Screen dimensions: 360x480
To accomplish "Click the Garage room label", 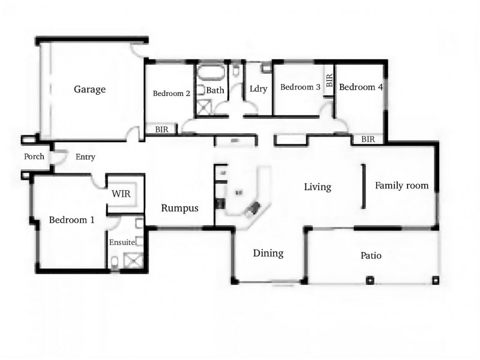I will pyautogui.click(x=89, y=89).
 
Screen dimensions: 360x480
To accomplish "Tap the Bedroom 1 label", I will pyautogui.click(x=72, y=220).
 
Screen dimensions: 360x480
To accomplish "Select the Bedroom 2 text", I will pyautogui.click(x=172, y=94).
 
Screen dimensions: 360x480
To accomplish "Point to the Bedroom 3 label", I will pyautogui.click(x=300, y=87).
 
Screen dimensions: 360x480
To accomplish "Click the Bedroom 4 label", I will pyautogui.click(x=361, y=87).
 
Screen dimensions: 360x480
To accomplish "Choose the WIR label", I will pyautogui.click(x=122, y=194).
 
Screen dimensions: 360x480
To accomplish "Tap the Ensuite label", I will pyautogui.click(x=122, y=242).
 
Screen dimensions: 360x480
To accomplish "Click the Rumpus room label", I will pyautogui.click(x=179, y=208).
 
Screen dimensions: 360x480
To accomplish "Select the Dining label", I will pyautogui.click(x=268, y=253).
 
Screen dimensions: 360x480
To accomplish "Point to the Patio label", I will pyautogui.click(x=371, y=256).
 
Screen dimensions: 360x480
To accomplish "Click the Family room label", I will pyautogui.click(x=401, y=185).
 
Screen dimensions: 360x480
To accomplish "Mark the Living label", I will pyautogui.click(x=317, y=187).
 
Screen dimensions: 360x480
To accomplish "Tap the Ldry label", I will pyautogui.click(x=258, y=89).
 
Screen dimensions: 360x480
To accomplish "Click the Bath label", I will pyautogui.click(x=215, y=91).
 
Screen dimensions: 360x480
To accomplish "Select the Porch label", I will pyautogui.click(x=34, y=157).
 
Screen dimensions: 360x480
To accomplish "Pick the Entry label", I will pyautogui.click(x=85, y=157).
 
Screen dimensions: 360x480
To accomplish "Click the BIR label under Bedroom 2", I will pyautogui.click(x=161, y=129).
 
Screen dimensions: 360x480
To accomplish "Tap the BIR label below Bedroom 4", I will pyautogui.click(x=368, y=139).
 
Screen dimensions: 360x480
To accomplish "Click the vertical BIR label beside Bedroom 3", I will pyautogui.click(x=329, y=80).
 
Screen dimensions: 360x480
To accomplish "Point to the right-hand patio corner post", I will pyautogui.click(x=436, y=280).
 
